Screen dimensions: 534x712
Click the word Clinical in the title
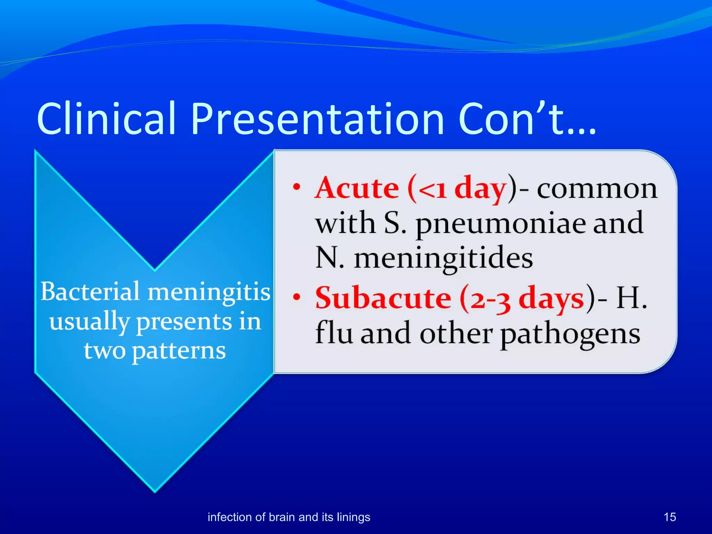tap(106, 119)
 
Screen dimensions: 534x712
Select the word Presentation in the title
tap(317, 119)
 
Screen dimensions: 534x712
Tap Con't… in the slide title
tap(527, 119)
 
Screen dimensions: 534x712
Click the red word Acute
tap(357, 188)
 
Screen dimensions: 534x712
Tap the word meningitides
tap(443, 259)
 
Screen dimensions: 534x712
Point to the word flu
tap(334, 333)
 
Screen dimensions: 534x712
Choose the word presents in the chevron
tap(184, 322)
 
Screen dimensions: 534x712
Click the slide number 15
tap(670, 517)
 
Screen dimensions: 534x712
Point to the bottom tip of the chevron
tap(155, 491)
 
